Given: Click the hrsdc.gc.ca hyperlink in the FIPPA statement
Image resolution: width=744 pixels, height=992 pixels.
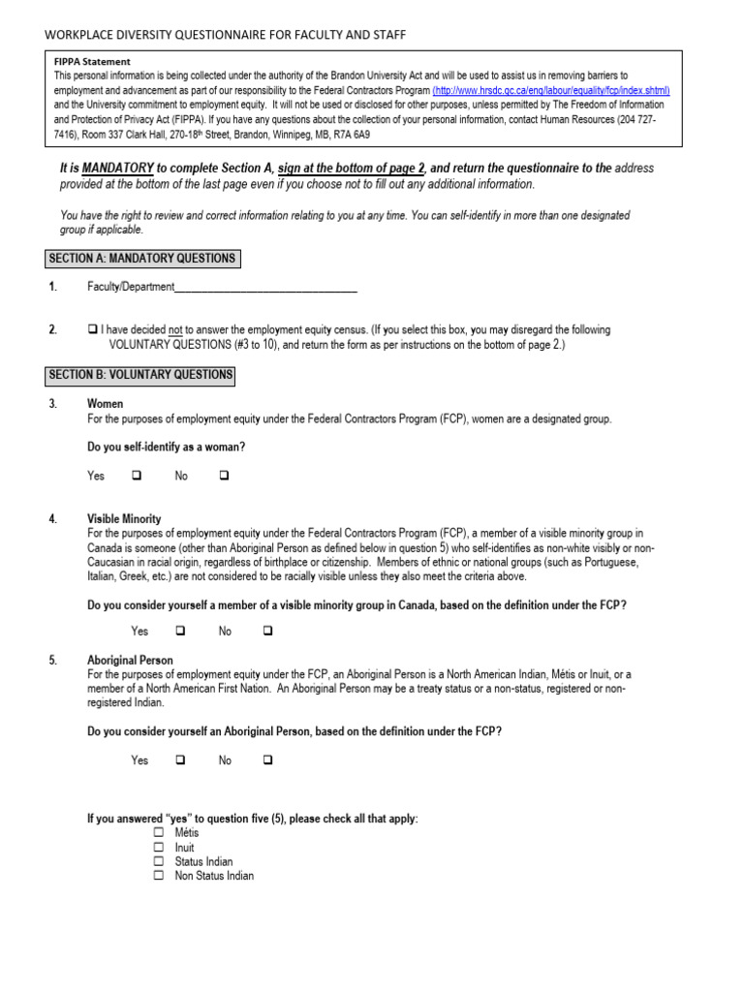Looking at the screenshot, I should click(x=550, y=90).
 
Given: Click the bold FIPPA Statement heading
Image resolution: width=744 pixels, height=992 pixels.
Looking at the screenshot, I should click(x=92, y=61).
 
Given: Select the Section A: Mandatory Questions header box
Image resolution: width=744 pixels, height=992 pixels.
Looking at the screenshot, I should click(x=142, y=259).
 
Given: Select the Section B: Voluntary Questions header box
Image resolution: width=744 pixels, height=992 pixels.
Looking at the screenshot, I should click(x=141, y=375).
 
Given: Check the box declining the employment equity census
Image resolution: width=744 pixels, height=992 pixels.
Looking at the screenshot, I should click(x=92, y=330).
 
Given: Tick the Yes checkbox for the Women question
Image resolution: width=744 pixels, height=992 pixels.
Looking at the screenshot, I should click(x=137, y=476).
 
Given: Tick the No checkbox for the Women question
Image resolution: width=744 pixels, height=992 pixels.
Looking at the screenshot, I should click(x=224, y=476).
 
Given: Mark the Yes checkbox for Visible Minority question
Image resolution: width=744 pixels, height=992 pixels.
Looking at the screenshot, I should click(x=180, y=631).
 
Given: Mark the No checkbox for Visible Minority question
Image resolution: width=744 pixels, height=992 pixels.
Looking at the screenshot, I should click(x=268, y=631).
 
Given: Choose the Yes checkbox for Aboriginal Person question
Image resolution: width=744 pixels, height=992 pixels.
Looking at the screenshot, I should click(x=180, y=760).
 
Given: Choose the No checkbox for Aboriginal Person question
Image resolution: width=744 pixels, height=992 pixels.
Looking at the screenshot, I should click(x=268, y=760).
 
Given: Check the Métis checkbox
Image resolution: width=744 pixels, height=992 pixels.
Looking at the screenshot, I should click(x=159, y=833).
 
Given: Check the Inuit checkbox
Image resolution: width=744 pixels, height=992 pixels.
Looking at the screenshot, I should click(x=159, y=848).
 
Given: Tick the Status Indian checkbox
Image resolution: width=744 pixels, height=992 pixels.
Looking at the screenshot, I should click(x=159, y=861).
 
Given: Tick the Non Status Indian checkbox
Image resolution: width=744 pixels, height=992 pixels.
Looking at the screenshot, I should click(x=159, y=876).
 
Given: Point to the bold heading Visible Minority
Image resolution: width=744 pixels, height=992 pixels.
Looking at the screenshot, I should click(x=124, y=519).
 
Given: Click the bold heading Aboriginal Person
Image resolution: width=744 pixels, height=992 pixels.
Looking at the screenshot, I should click(x=130, y=661).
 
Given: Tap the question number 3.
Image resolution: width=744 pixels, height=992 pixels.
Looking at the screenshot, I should click(x=53, y=403).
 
